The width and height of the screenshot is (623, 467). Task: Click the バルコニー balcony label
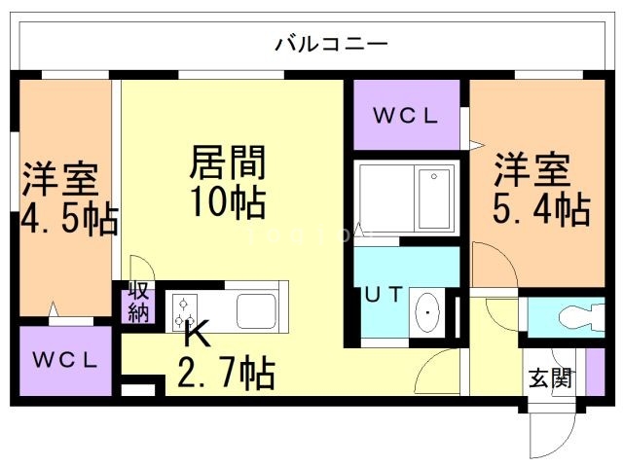pyautogui.click(x=331, y=44)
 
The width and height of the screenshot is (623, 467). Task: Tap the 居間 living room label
pyautogui.click(x=227, y=162)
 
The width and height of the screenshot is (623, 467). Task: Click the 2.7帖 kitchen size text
pyautogui.click(x=225, y=372)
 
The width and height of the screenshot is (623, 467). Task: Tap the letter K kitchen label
pyautogui.click(x=196, y=336)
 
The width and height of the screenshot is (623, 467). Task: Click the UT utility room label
pyautogui.click(x=383, y=295)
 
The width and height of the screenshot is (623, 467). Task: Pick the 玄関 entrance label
pyautogui.click(x=551, y=376)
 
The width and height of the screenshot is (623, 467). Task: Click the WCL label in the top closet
pyautogui.click(x=406, y=115)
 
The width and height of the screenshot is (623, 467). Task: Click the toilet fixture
pyautogui.click(x=574, y=318)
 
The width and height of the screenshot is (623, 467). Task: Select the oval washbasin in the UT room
pyautogui.click(x=426, y=313)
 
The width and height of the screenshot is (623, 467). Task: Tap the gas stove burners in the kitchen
pyautogui.click(x=183, y=308)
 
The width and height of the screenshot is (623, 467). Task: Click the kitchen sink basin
pyautogui.click(x=258, y=310)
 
